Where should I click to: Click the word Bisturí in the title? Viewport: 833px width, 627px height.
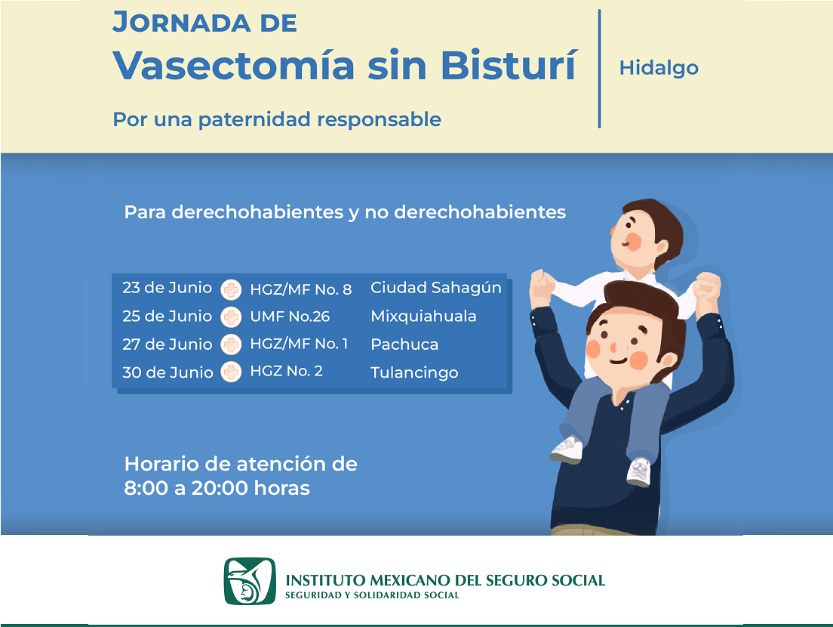[x=509, y=66]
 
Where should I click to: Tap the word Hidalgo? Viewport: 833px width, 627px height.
[x=659, y=68]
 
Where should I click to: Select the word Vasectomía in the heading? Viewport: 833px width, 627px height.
[x=234, y=66]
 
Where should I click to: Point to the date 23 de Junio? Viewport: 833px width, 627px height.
[x=168, y=288]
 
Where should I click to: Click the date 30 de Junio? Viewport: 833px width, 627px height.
[x=168, y=372]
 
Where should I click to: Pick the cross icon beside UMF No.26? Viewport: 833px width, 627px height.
[x=231, y=317]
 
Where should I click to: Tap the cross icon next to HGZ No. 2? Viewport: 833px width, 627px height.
[x=231, y=372]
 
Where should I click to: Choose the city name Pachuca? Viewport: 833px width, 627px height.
[x=404, y=344]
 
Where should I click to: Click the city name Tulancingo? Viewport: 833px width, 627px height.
[x=414, y=372]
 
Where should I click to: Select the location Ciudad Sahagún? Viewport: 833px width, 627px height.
[x=436, y=288]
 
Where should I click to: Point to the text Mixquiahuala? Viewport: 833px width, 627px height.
[x=423, y=316]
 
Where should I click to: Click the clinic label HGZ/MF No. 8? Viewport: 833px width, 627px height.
[x=301, y=289]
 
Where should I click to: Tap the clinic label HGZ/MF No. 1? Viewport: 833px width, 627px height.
[x=299, y=344]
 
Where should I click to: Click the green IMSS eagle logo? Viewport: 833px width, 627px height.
[x=250, y=581]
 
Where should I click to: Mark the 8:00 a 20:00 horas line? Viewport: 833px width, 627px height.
[x=217, y=488]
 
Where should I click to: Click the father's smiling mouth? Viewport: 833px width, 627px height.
[x=619, y=361]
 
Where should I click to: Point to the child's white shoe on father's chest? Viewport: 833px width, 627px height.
[x=639, y=471]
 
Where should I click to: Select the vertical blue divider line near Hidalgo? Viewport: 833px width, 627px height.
[x=599, y=69]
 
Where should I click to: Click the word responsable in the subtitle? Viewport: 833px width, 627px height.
[x=379, y=120]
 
